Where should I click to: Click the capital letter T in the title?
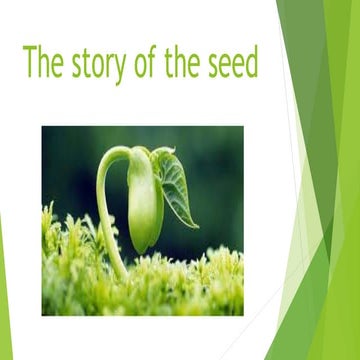[x=29, y=62]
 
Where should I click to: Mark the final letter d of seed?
[x=251, y=62]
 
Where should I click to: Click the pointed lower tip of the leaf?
[x=192, y=225]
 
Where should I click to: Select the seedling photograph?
[x=142, y=220]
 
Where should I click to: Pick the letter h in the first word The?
[x=44, y=62]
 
